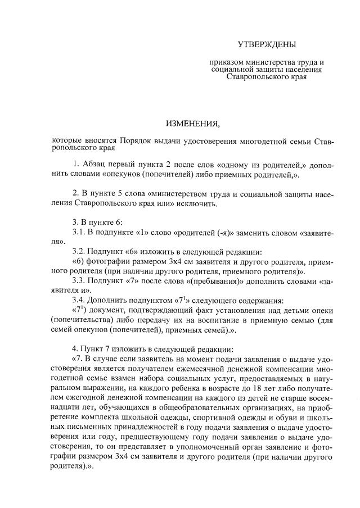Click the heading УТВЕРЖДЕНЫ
(x=266, y=44)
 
